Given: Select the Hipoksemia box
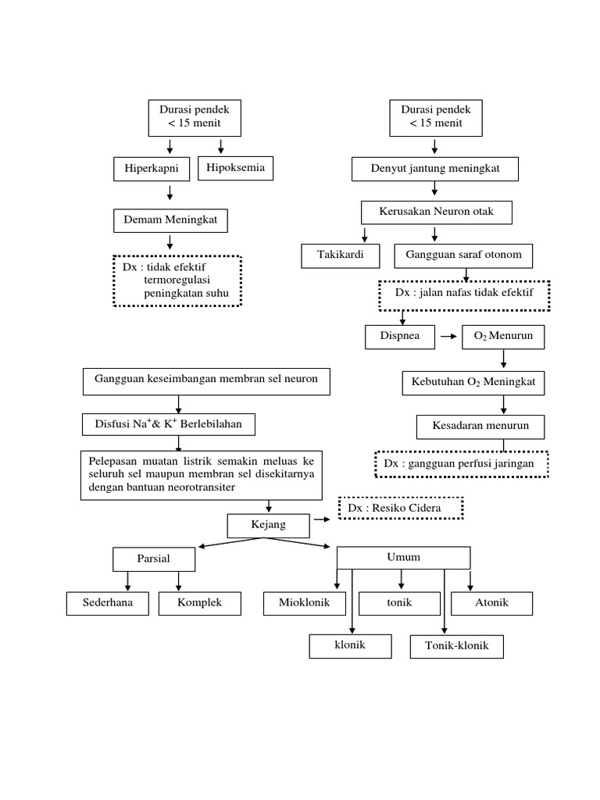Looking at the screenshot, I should [x=236, y=168].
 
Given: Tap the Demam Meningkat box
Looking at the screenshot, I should [x=170, y=221].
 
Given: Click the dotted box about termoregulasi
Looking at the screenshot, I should [x=177, y=280].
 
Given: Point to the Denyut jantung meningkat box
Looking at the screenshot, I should [x=434, y=169].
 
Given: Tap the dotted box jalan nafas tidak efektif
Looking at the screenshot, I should [x=464, y=294].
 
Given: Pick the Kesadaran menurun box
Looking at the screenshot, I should [x=480, y=427].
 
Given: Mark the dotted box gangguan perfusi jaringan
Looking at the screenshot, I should [x=462, y=463].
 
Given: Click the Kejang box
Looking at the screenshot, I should [x=268, y=525].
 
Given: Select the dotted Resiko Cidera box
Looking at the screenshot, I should [x=401, y=509].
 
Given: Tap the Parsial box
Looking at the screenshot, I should [x=153, y=559].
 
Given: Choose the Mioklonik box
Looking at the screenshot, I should [x=305, y=603].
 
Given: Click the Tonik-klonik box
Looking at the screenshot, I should [x=456, y=647].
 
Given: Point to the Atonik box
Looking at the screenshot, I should [x=491, y=603].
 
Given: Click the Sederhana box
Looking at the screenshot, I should [x=108, y=603].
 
